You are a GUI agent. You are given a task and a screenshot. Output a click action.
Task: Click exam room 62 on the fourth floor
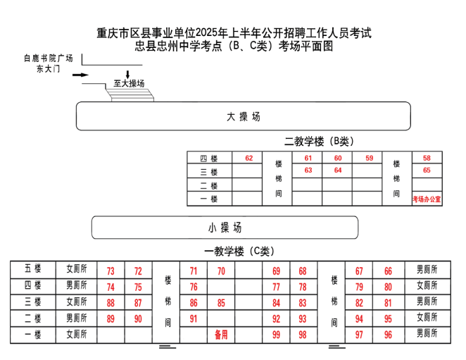(248, 158)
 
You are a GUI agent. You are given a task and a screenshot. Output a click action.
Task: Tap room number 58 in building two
(427, 158)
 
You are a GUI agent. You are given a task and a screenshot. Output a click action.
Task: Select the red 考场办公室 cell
(427, 199)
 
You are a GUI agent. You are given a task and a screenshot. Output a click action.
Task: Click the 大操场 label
(244, 117)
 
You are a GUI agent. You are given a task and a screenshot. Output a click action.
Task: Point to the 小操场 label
(225, 228)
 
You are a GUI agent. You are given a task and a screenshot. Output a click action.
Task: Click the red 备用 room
(221, 335)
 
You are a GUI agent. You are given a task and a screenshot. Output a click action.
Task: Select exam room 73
(111, 271)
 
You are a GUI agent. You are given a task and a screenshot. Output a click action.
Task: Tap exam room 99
(276, 335)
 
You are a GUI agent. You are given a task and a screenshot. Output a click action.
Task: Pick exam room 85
(221, 303)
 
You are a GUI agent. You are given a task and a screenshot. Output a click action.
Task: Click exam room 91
(194, 318)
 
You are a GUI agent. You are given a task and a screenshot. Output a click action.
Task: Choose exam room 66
(388, 271)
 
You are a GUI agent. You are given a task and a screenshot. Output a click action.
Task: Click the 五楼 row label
(32, 268)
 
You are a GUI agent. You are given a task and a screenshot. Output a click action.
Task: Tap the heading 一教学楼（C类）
(239, 252)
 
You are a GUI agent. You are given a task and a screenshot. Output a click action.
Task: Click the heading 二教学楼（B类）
(319, 142)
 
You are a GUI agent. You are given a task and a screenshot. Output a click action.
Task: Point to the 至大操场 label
(129, 83)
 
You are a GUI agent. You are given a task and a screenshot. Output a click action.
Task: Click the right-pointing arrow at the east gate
(80, 75)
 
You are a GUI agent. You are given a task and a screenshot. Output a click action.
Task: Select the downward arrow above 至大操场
(128, 75)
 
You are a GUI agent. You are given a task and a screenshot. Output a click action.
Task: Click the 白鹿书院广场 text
(49, 58)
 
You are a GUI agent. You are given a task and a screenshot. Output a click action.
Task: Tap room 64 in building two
(338, 170)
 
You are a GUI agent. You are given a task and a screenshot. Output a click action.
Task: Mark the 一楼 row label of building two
(208, 199)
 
